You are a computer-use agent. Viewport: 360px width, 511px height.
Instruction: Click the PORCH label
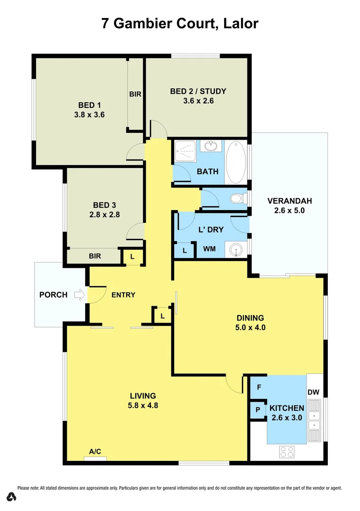(53, 295)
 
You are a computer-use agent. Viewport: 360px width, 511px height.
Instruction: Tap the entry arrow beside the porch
(79, 295)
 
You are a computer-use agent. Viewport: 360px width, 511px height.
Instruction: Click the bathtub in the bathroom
(236, 162)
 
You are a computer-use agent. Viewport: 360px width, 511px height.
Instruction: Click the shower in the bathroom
(185, 152)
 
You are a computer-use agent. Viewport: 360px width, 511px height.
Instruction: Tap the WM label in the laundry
(210, 248)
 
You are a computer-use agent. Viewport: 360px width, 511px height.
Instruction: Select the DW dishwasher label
(313, 392)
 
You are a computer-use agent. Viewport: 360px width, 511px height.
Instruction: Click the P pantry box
(258, 409)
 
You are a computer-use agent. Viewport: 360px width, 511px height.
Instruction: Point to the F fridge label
(259, 387)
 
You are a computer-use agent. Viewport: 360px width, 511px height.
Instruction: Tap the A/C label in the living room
(95, 452)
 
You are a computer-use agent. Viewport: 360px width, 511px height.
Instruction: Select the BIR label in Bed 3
(95, 256)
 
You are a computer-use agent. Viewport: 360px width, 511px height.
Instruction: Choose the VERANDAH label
(290, 201)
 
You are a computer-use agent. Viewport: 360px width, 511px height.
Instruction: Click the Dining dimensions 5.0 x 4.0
(251, 327)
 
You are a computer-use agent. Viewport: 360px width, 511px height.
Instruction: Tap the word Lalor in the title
(240, 24)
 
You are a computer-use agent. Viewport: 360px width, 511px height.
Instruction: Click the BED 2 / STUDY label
(198, 91)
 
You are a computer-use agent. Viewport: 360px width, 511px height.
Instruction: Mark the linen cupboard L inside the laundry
(184, 251)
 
